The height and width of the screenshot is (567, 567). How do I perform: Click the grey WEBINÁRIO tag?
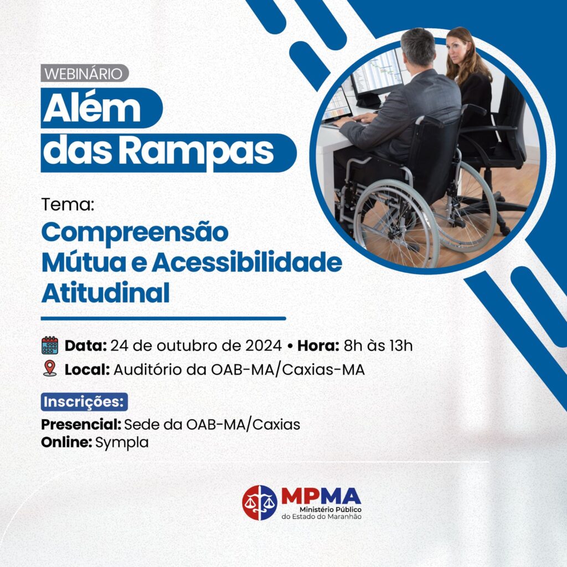click(85, 74)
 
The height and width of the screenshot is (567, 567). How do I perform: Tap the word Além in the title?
click(92, 108)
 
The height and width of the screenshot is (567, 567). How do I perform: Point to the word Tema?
click(68, 204)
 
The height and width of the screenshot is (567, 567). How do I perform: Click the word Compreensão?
click(135, 233)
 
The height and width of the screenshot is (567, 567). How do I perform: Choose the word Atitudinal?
click(105, 292)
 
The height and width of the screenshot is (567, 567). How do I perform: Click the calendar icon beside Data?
click(50, 346)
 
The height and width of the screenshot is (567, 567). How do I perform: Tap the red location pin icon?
click(50, 368)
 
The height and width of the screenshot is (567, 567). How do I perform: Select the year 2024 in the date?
click(263, 346)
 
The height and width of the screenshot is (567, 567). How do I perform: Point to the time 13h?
click(401, 346)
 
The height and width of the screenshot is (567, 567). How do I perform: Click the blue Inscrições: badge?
click(84, 402)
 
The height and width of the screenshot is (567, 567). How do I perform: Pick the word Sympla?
click(122, 443)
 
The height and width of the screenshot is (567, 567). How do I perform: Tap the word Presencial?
click(81, 425)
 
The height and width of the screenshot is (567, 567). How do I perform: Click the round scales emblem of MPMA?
click(260, 503)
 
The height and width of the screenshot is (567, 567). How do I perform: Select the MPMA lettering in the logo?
click(321, 496)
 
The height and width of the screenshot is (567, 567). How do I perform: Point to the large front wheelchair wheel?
click(396, 224)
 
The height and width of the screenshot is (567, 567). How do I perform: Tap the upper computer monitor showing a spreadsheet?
click(379, 71)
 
